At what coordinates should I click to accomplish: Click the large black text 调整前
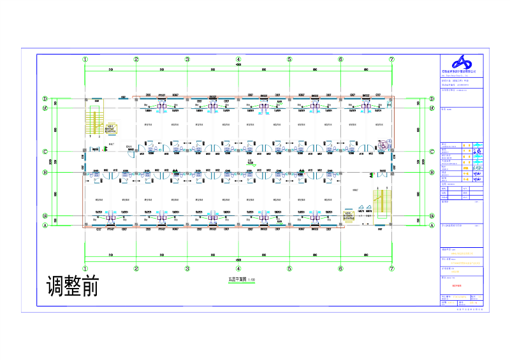point(73,286)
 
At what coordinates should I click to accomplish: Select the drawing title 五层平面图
point(237,280)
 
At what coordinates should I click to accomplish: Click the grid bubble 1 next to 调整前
point(85,269)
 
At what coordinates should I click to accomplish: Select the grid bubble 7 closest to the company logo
point(391,59)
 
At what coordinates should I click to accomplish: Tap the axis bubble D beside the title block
point(433,99)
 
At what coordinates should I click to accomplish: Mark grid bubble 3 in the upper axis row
point(187,59)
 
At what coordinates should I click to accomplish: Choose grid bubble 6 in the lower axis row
point(340,269)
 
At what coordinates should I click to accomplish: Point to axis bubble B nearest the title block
point(433,173)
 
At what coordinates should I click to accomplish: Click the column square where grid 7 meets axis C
point(391,152)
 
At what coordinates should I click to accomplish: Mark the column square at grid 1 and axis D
point(85,99)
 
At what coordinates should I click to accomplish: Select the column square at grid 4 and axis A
point(238,225)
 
